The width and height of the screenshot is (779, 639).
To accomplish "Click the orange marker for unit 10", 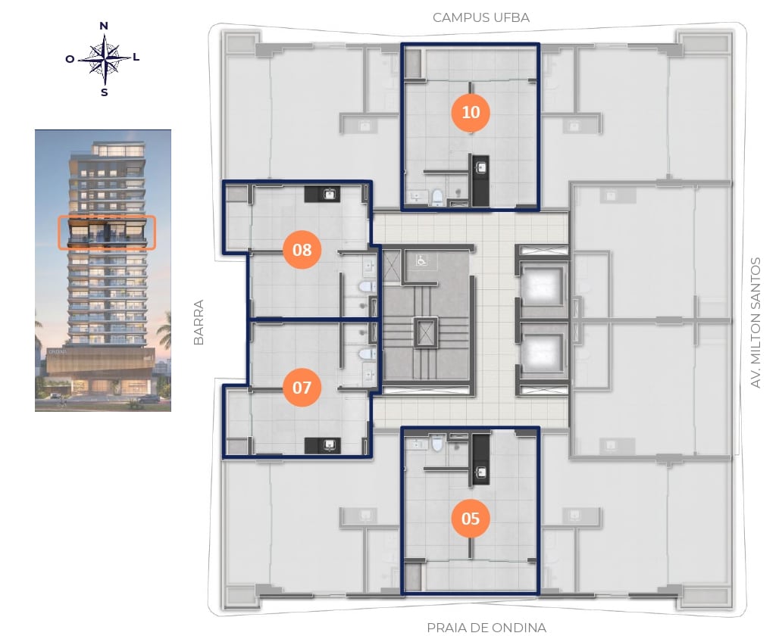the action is (x=471, y=112).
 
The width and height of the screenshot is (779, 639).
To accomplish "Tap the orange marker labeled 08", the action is (x=302, y=249).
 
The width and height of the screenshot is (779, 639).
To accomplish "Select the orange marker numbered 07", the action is (x=302, y=387).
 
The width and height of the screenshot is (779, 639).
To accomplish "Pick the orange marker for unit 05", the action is (x=471, y=519).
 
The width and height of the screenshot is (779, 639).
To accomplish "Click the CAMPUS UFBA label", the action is (x=481, y=18).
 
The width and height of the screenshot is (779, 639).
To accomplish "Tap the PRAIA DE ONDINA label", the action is (x=486, y=628).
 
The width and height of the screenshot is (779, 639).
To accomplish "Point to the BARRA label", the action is (x=199, y=323).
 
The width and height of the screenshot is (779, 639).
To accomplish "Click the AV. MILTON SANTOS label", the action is (x=756, y=323).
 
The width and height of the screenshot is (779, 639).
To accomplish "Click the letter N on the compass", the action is (x=104, y=26).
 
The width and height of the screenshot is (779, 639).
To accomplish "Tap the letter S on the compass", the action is (x=105, y=92).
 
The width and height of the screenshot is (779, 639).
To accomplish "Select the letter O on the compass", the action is (x=70, y=59).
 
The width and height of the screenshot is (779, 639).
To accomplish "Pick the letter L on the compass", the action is (x=136, y=57).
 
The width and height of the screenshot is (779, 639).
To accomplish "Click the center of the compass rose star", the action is (x=105, y=59).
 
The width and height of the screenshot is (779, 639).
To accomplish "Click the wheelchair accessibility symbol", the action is (x=421, y=260).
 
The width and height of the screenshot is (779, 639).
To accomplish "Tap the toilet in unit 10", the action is (x=437, y=197).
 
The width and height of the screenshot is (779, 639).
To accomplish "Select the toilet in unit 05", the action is (x=437, y=443).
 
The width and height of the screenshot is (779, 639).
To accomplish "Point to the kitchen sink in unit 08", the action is (x=329, y=194).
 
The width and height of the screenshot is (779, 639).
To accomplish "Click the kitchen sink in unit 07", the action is (x=329, y=445).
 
